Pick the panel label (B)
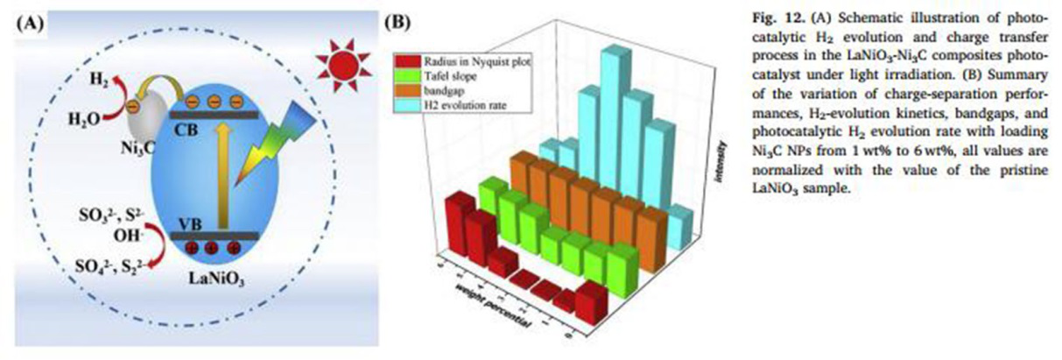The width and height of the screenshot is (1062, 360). [398, 24]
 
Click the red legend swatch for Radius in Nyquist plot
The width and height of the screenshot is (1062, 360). [404, 60]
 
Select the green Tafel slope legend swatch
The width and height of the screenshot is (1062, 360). [404, 75]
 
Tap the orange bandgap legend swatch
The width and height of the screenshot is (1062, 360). [404, 90]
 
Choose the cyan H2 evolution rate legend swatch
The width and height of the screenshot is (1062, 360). [404, 105]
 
